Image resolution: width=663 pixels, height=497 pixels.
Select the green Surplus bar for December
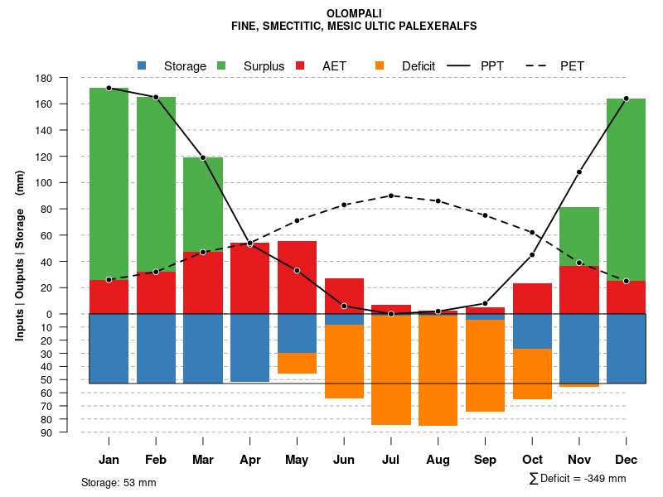(x=626, y=190)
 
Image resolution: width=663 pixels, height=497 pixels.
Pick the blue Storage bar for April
(x=249, y=348)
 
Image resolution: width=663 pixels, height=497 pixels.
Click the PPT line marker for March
(x=202, y=157)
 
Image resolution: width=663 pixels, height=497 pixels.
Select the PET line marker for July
(x=390, y=195)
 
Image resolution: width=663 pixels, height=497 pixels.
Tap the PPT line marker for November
(x=579, y=172)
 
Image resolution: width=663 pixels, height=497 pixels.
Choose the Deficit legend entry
(x=407, y=65)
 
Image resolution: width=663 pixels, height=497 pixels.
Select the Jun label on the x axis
(x=344, y=460)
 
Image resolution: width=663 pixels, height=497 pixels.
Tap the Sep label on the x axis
(x=485, y=460)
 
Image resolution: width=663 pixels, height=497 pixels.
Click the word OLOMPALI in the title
(x=354, y=13)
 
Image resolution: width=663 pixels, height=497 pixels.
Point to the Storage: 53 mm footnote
(x=119, y=482)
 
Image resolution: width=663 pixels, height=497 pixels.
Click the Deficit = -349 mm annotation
(x=578, y=478)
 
